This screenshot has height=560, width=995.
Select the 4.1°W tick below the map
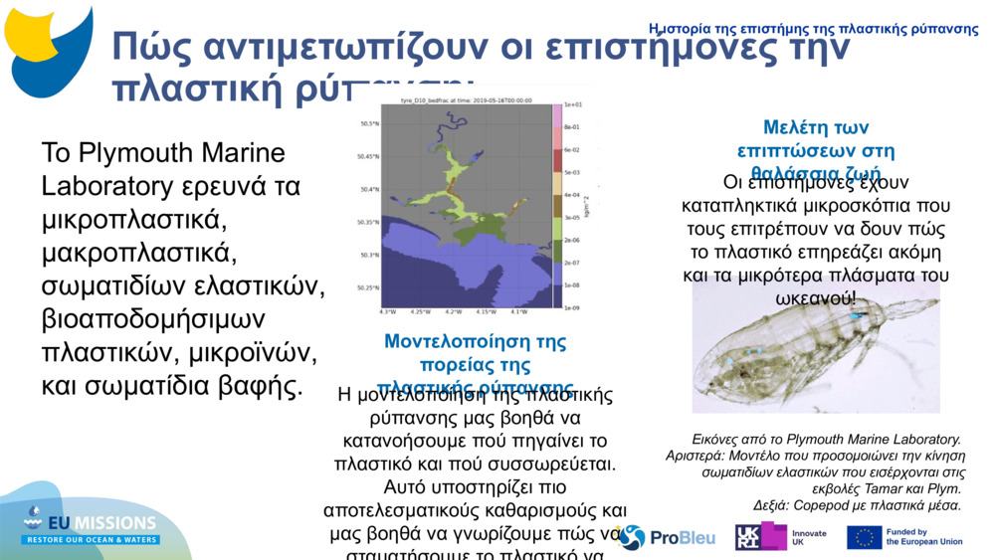point(518,311)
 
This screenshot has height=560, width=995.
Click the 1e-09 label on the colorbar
point(572,308)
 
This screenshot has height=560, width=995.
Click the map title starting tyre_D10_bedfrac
point(465,100)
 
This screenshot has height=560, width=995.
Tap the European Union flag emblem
point(864,537)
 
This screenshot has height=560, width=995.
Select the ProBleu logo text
point(682,538)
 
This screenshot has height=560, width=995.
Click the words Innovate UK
point(807,537)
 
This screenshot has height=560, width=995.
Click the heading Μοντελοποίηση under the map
point(475,342)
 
